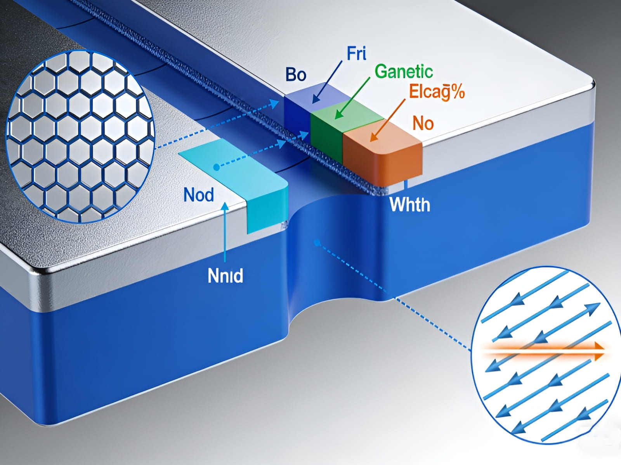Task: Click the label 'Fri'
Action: [356, 53]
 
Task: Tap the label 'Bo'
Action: [296, 74]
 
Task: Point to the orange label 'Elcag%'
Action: [437, 92]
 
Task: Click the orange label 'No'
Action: [423, 123]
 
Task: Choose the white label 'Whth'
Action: [410, 205]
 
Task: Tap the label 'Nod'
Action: [199, 195]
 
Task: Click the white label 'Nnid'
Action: [226, 276]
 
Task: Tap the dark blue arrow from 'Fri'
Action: [328, 81]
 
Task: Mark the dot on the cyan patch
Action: [216, 167]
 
